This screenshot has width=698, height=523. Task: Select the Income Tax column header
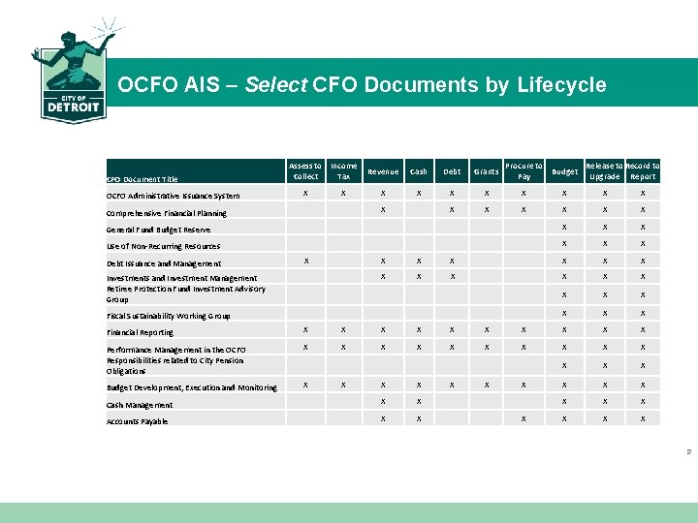click(x=343, y=170)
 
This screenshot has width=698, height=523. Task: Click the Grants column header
click(x=486, y=171)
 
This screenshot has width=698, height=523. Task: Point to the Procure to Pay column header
click(x=524, y=170)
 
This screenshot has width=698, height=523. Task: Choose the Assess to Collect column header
click(x=305, y=170)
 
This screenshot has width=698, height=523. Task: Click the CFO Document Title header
click(x=143, y=179)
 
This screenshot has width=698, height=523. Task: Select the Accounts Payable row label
click(x=137, y=421)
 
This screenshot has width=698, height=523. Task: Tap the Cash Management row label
click(x=140, y=405)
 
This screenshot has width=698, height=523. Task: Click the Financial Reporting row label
click(x=141, y=332)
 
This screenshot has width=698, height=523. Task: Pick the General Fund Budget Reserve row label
click(x=158, y=230)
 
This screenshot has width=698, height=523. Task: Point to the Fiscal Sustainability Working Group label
click(x=169, y=316)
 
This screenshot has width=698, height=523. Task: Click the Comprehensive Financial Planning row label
click(x=167, y=213)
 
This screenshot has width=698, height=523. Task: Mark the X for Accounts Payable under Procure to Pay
click(x=524, y=418)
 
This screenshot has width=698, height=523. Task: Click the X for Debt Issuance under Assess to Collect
click(x=305, y=260)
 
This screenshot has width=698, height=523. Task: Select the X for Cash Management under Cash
click(x=419, y=401)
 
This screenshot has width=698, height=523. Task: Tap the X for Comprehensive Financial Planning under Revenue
click(x=383, y=209)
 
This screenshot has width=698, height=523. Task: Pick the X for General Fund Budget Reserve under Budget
click(x=563, y=227)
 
